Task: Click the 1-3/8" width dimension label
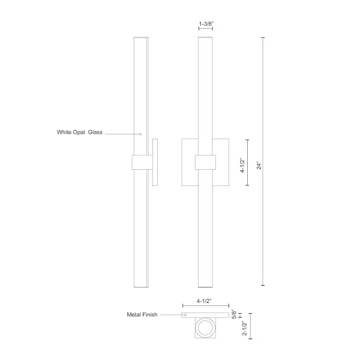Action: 206,25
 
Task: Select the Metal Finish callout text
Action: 142,314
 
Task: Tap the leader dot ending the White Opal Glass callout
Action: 140,134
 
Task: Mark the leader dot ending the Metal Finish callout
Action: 185,314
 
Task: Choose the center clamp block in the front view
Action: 206,162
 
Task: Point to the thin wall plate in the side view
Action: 155,162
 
